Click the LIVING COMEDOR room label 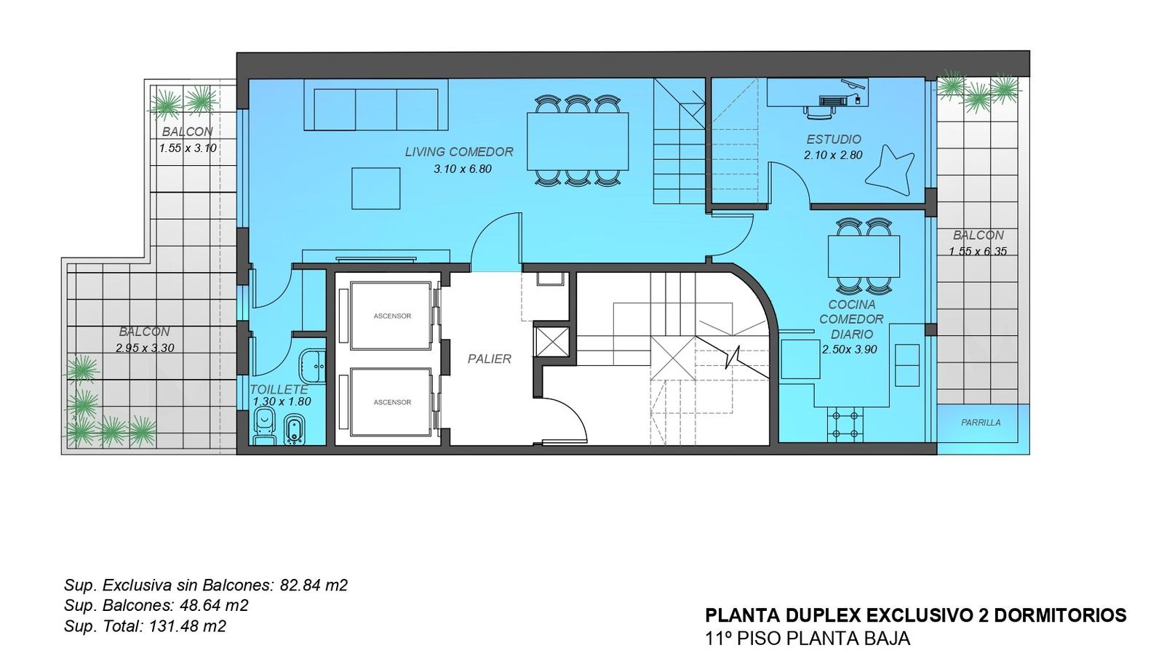coord(459,152)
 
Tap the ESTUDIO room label coord(834,139)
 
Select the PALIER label coord(489,359)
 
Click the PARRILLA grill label coord(981,423)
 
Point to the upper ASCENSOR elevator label coord(392,316)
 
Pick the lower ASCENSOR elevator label coord(392,402)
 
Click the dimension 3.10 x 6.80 coord(463,169)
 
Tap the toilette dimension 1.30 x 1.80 coord(282,401)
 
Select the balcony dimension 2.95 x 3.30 coord(145,348)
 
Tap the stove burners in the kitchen coord(845,424)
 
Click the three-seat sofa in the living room coord(376,105)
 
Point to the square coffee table coord(375,188)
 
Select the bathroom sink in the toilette coord(313,366)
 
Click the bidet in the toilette coord(294,430)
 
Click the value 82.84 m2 coord(314,585)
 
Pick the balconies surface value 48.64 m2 coord(214,606)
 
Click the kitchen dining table coord(864,256)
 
